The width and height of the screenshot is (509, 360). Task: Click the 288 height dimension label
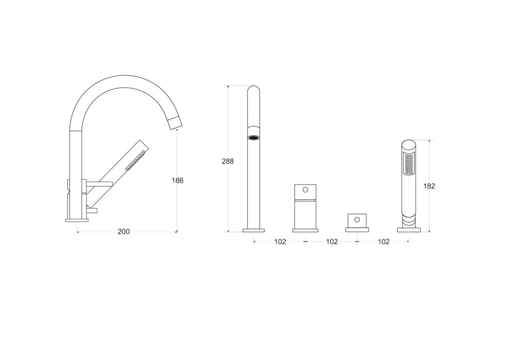(228, 161)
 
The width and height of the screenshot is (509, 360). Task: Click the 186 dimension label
(177, 180)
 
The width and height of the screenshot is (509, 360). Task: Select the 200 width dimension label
(123, 231)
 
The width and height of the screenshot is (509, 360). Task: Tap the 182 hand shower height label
(429, 186)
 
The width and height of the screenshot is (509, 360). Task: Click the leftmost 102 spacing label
(280, 242)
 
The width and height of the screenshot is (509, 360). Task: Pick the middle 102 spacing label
(332, 242)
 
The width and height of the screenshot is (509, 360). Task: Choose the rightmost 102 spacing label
(383, 242)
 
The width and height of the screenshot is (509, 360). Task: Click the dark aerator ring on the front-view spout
(254, 138)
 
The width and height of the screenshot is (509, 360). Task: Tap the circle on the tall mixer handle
(305, 189)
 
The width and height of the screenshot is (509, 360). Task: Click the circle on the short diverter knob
(357, 219)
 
